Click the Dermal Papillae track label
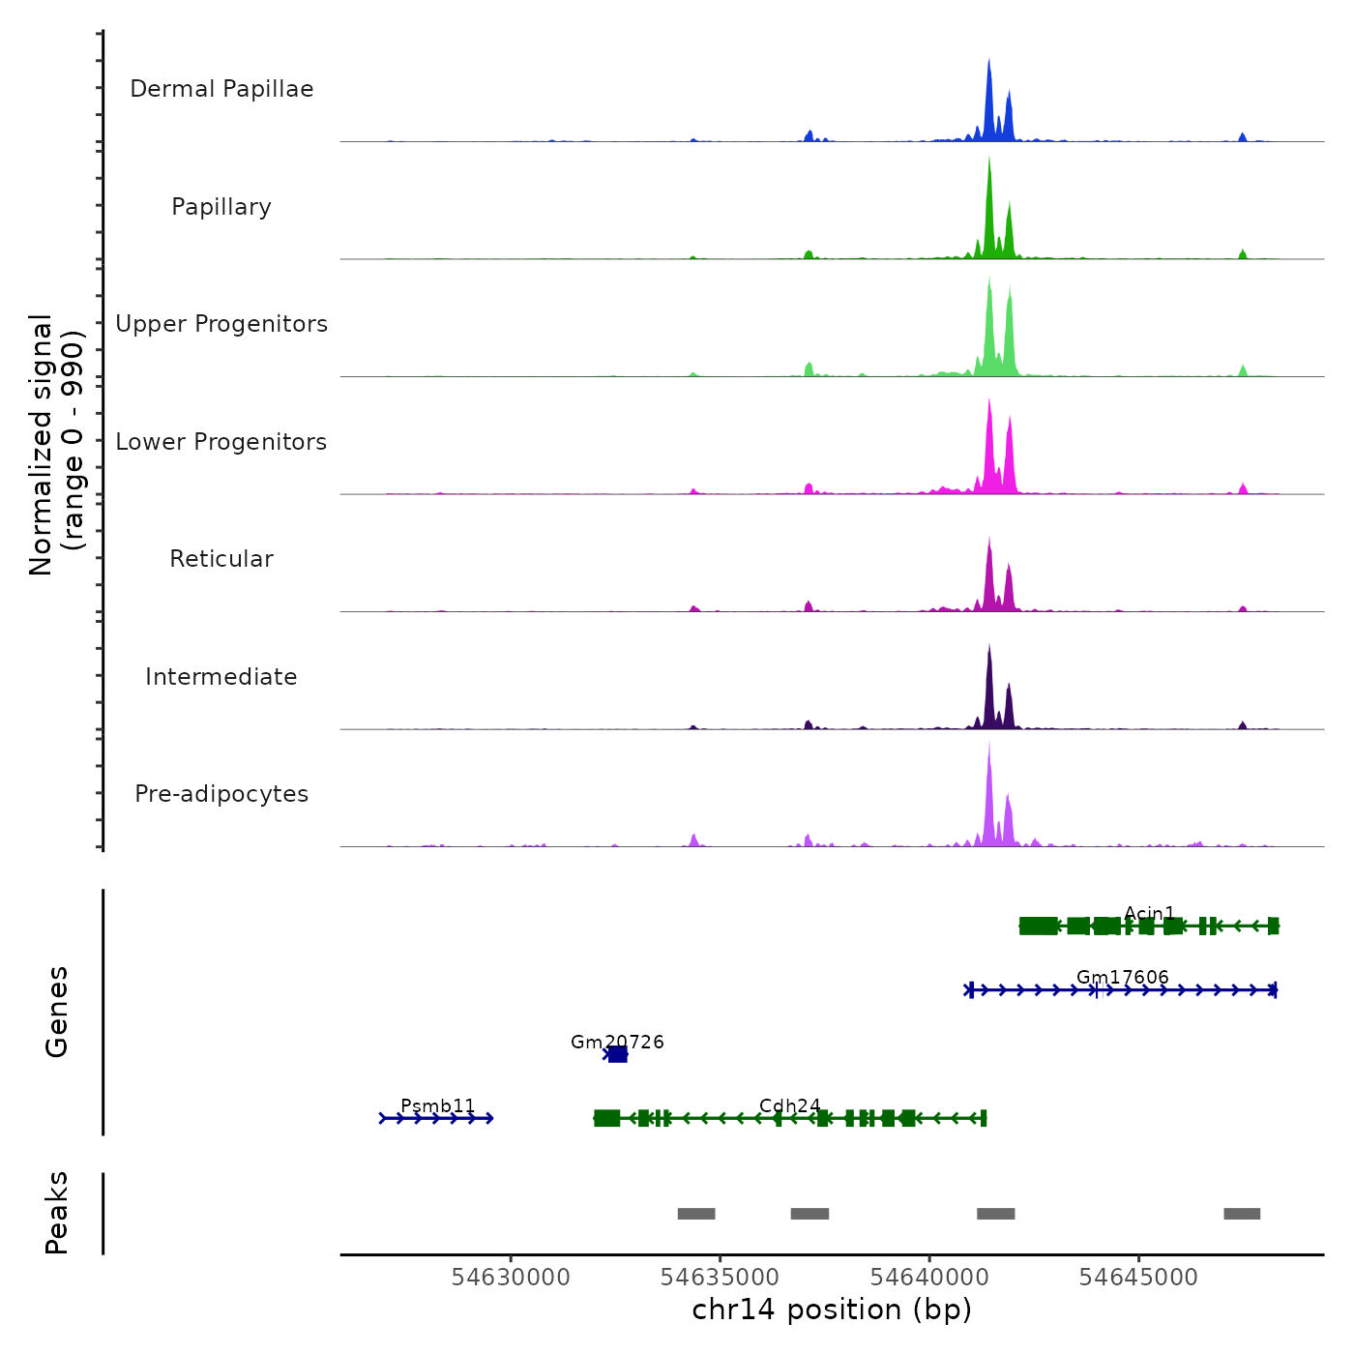click(x=221, y=89)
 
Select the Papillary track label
click(x=221, y=207)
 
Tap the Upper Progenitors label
click(x=221, y=324)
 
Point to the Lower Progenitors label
click(x=221, y=442)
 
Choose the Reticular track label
click(x=221, y=559)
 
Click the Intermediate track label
click(x=221, y=677)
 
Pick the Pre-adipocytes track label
click(x=221, y=794)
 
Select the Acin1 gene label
click(x=1149, y=913)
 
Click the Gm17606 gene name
click(x=1122, y=977)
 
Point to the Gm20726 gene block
click(x=617, y=1054)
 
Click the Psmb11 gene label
click(x=438, y=1105)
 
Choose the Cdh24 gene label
click(x=789, y=1105)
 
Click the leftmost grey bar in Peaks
click(x=696, y=1214)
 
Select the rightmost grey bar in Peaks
click(x=1242, y=1214)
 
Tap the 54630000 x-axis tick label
click(x=511, y=1278)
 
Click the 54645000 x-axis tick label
click(x=1138, y=1278)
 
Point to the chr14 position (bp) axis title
click(x=832, y=1310)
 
